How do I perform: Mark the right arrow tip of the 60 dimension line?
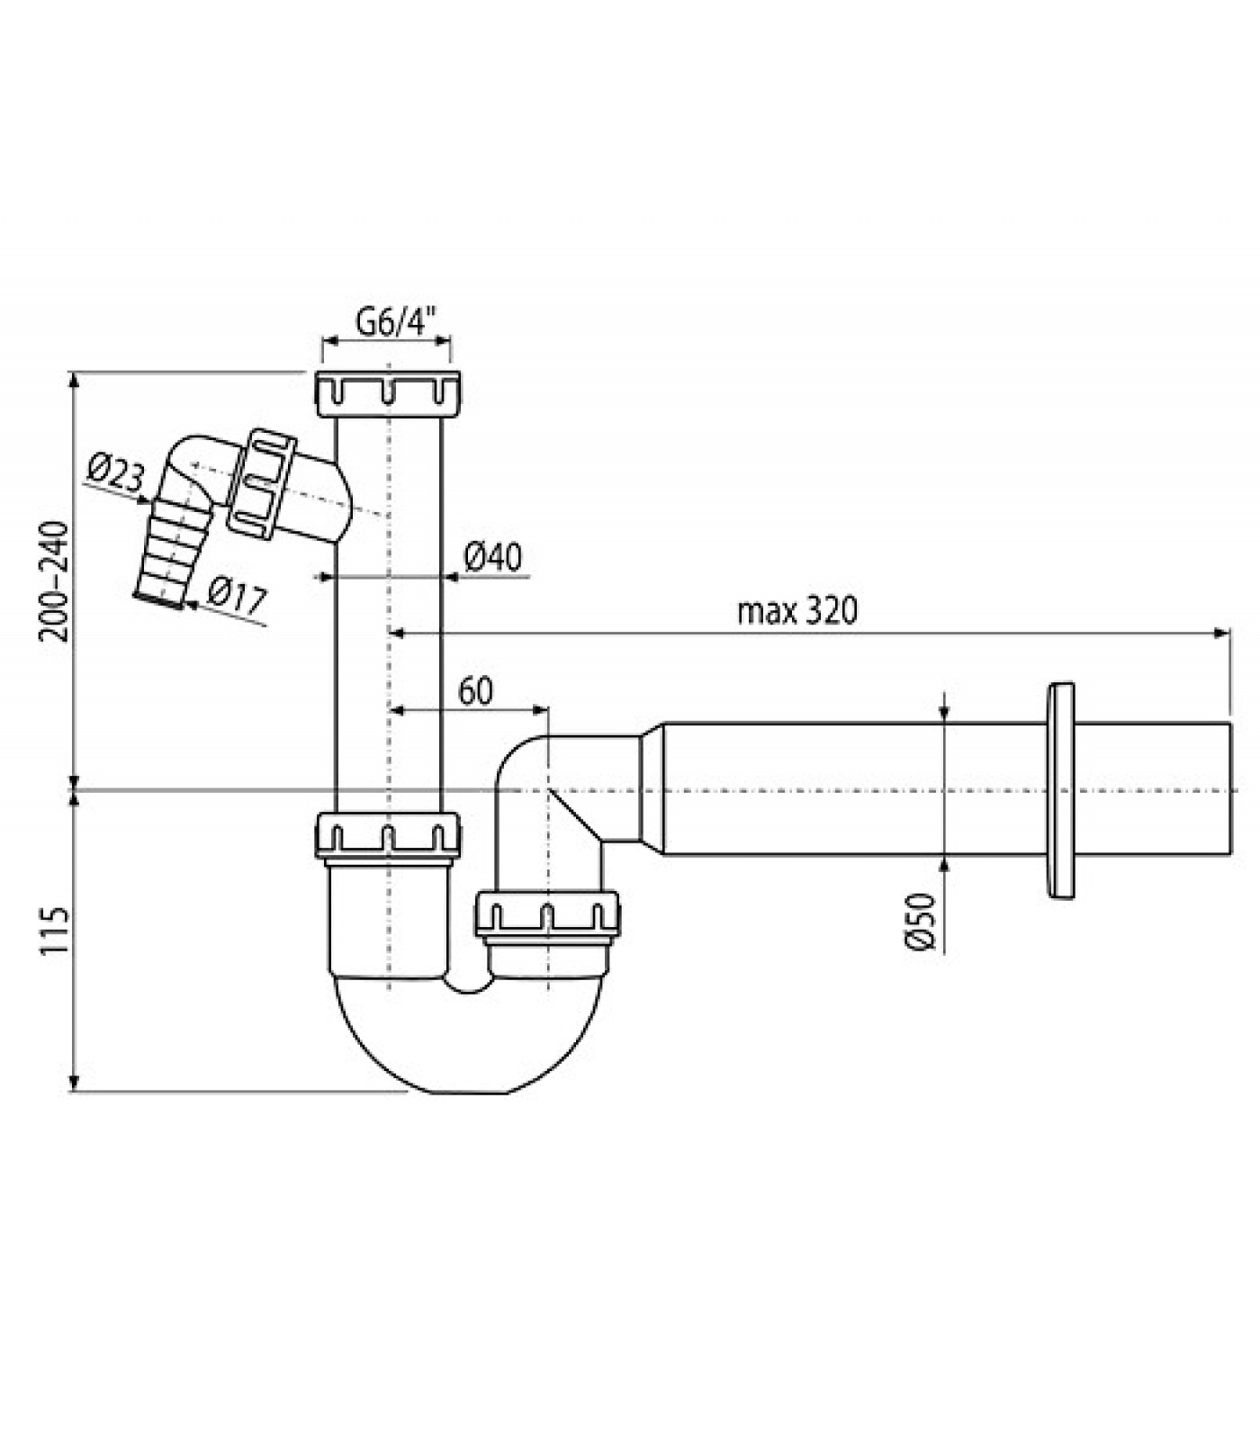click(x=548, y=710)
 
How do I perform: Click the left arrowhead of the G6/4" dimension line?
click(x=323, y=340)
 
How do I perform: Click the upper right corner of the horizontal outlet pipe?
click(x=1230, y=723)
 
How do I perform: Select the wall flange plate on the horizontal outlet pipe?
click(x=1061, y=790)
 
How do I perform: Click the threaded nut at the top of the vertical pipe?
click(x=389, y=392)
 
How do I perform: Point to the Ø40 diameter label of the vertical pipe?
click(x=493, y=557)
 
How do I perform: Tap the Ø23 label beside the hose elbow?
click(x=116, y=473)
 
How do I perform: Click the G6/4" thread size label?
click(x=396, y=321)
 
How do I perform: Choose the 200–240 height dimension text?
click(x=54, y=580)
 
